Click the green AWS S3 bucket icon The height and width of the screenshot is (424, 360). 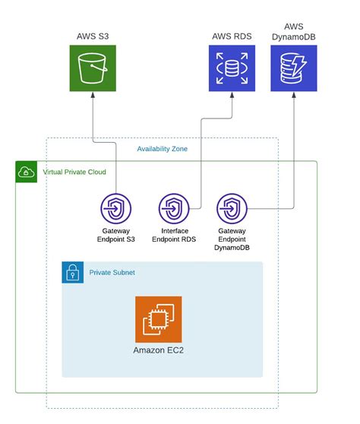pyautogui.click(x=93, y=68)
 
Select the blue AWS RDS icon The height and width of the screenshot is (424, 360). pyautogui.click(x=232, y=68)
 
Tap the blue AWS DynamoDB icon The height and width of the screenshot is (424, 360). pyautogui.click(x=294, y=68)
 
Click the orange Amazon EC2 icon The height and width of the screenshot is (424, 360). pyautogui.click(x=159, y=319)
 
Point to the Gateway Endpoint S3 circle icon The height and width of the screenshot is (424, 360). pyautogui.click(x=116, y=208)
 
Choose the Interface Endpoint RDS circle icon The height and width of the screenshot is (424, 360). pyautogui.click(x=174, y=208)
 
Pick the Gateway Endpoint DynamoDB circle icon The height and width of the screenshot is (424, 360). pyautogui.click(x=232, y=208)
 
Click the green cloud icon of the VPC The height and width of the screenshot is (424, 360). pyautogui.click(x=27, y=172)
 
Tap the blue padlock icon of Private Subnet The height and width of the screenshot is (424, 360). pyautogui.click(x=73, y=272)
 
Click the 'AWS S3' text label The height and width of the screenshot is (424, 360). pyautogui.click(x=93, y=36)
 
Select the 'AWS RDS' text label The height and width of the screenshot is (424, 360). pyautogui.click(x=232, y=36)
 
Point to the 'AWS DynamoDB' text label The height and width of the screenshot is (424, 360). pyautogui.click(x=294, y=31)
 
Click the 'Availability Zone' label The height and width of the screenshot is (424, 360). pyautogui.click(x=162, y=149)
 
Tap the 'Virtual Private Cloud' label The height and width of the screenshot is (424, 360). pyautogui.click(x=74, y=172)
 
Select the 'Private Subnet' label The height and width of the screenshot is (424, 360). pyautogui.click(x=112, y=272)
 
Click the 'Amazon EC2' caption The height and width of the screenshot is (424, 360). pyautogui.click(x=159, y=350)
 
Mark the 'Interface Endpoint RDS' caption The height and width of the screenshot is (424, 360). pyautogui.click(x=174, y=235)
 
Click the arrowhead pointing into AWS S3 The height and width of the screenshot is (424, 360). pyautogui.click(x=93, y=97)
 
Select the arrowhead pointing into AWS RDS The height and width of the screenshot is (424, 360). pyautogui.click(x=232, y=97)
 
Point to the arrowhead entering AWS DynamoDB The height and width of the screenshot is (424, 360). pyautogui.click(x=294, y=97)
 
